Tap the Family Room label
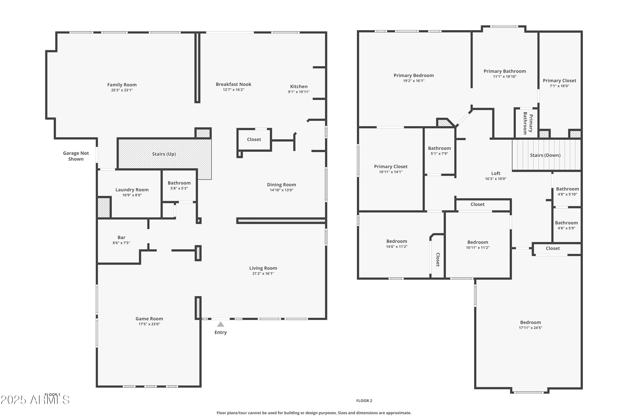pos(122,85)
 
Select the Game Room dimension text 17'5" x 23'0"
pos(149,324)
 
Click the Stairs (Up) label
pos(164,154)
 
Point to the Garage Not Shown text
pos(76,156)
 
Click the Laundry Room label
pos(132,190)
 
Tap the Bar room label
pos(121,238)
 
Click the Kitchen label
pos(299,87)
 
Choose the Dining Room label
pos(281,185)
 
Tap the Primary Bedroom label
pos(414,76)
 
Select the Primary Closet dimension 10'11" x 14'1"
pos(391,172)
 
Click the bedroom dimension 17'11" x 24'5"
pos(530,328)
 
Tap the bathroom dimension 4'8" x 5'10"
pos(567,194)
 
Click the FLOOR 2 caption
pos(364,401)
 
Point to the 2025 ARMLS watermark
pos(35,400)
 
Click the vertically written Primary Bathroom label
pos(528,123)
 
